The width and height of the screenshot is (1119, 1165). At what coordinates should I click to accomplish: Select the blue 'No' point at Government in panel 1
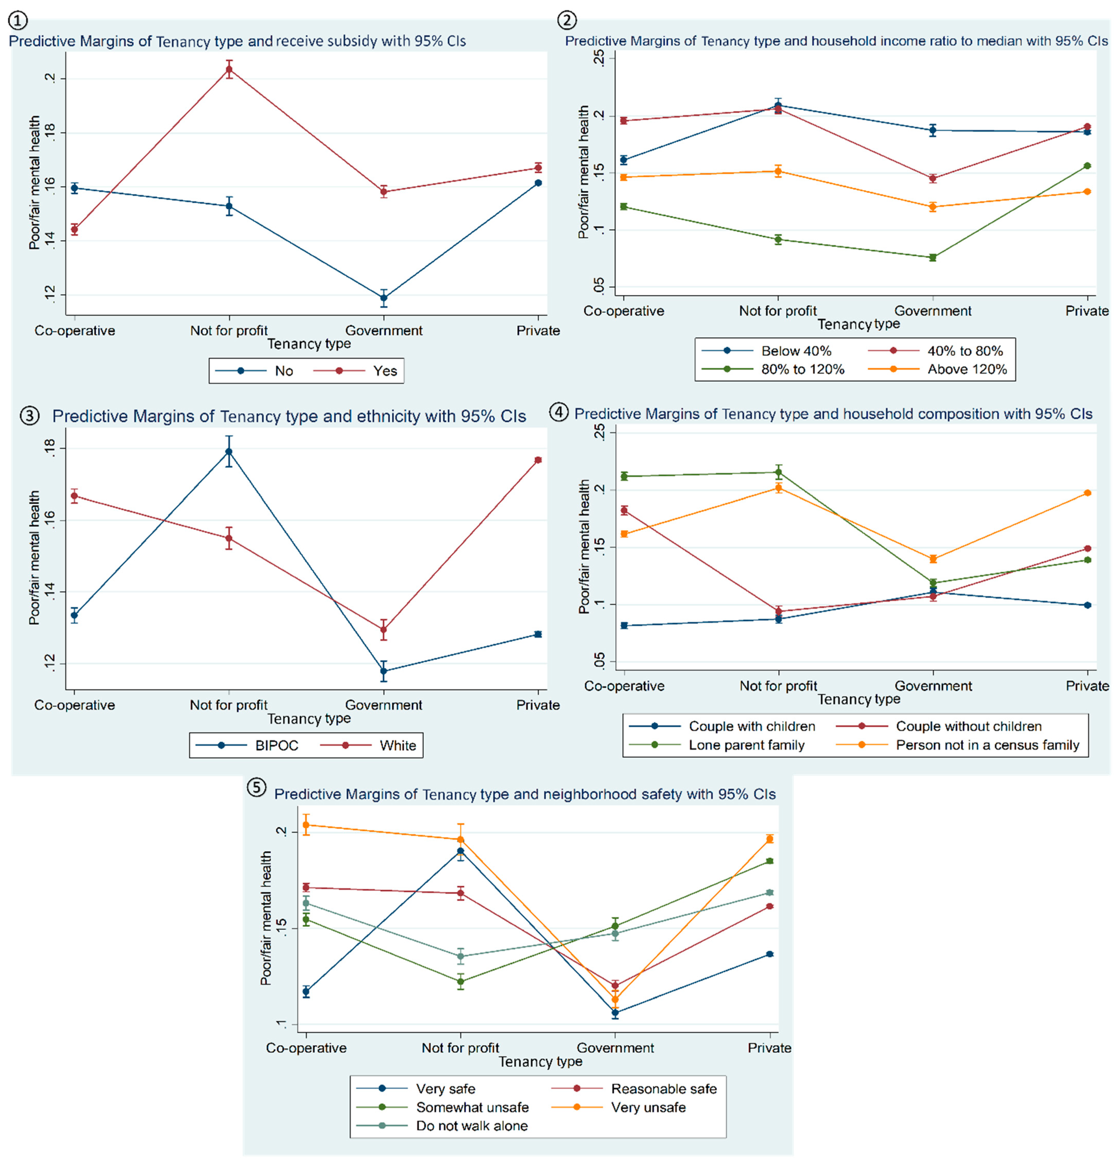tap(384, 298)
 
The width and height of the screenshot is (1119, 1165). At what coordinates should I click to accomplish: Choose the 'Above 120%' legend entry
tap(967, 369)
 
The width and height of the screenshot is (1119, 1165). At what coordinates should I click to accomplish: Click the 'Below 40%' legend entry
tap(796, 351)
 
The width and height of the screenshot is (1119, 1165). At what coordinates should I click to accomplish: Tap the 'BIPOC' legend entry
tap(277, 745)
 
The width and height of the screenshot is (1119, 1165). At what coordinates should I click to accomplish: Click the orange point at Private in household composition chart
tap(1088, 493)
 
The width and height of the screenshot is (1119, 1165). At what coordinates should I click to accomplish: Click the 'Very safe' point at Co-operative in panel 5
tap(306, 991)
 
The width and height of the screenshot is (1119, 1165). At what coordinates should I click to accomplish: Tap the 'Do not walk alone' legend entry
tap(472, 1126)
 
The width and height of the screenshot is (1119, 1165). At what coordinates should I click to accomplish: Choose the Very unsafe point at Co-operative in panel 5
tap(306, 825)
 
